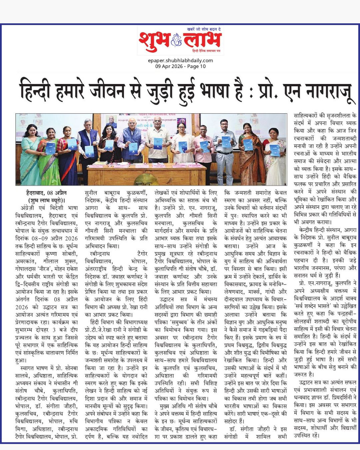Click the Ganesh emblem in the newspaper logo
click(x=176, y=41)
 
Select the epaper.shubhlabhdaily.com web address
click(x=180, y=60)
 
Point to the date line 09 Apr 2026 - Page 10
click(x=180, y=66)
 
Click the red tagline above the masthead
click(x=204, y=29)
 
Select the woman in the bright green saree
click(x=49, y=157)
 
